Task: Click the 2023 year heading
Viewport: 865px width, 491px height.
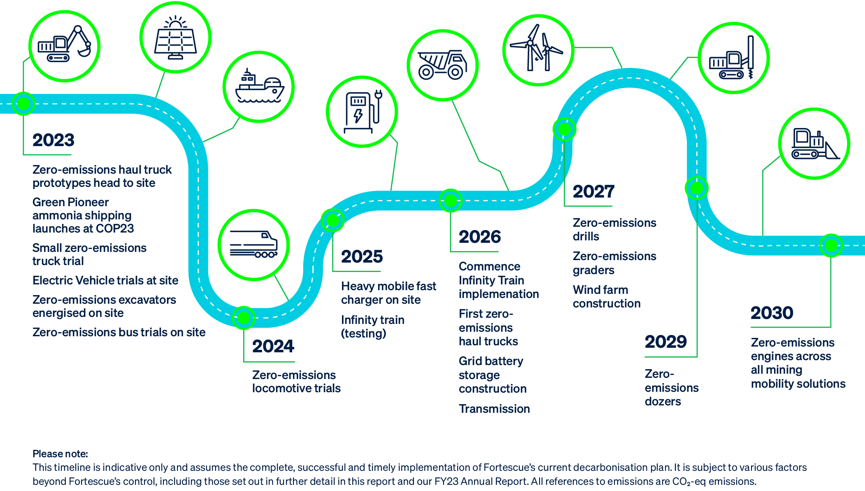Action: coord(53,140)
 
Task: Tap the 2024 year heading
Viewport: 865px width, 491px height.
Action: coord(273,346)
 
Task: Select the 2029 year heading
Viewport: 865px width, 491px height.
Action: coord(665,342)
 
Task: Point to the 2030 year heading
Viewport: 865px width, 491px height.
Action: coord(772,313)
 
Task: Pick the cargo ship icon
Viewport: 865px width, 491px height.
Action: coord(259,87)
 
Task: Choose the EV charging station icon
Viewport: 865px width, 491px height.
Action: coord(362,112)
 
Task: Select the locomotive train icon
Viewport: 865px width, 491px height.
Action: coord(253,245)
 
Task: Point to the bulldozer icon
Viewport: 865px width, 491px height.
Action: coord(814,144)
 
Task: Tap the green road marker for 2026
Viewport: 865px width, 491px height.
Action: coord(451,200)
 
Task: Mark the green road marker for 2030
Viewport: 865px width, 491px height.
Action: coord(831,246)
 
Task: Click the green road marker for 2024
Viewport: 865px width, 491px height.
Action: coord(244,318)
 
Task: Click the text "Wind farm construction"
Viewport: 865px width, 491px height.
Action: coord(606,297)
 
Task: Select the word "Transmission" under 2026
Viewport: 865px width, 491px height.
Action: coord(494,409)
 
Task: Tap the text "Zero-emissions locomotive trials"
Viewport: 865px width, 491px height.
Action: coord(296,382)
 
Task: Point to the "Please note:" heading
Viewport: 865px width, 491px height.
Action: coord(60,454)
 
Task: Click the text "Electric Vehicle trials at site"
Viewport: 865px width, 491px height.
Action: coord(105,281)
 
